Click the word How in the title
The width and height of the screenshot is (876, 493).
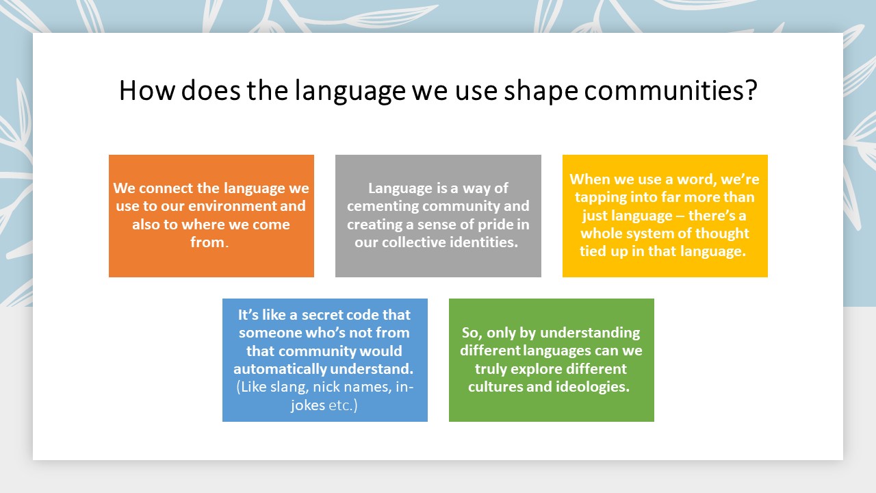click(x=147, y=90)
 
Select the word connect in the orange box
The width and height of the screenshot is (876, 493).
click(x=166, y=188)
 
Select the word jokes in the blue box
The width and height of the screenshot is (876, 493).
click(x=308, y=405)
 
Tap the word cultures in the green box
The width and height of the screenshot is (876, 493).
click(x=495, y=387)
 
